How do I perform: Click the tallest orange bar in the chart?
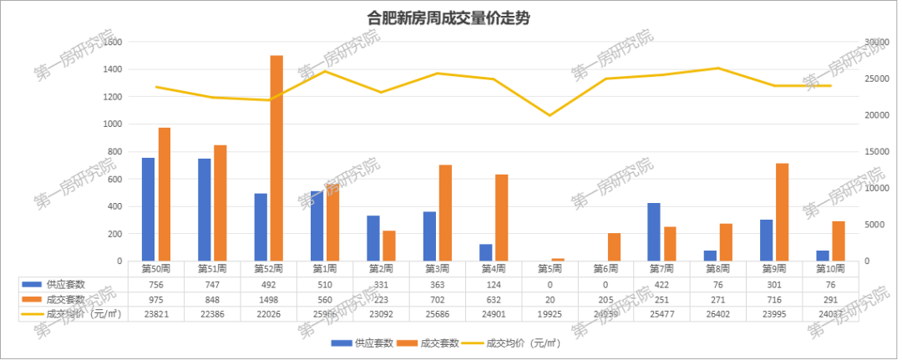pyautogui.click(x=276, y=158)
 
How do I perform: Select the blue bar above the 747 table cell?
pyautogui.click(x=205, y=209)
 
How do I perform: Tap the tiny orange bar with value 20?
pyautogui.click(x=558, y=259)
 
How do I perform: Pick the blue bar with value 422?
pyautogui.click(x=654, y=231)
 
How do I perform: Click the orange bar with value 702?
pyautogui.click(x=445, y=212)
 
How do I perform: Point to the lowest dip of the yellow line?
pyautogui.click(x=549, y=115)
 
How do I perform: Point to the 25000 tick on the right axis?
pyautogui.click(x=874, y=79)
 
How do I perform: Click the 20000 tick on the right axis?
pyautogui.click(x=874, y=115)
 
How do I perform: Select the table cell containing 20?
pyautogui.click(x=550, y=299)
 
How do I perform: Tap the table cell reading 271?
pyautogui.click(x=718, y=299)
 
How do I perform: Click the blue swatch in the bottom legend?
pyautogui.click(x=341, y=343)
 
